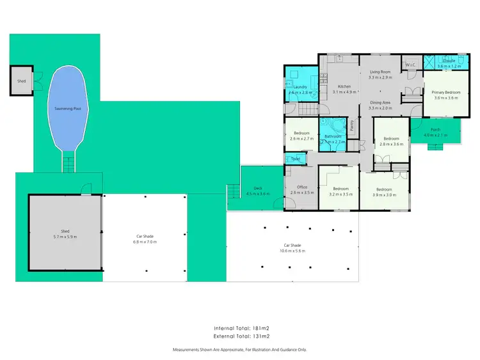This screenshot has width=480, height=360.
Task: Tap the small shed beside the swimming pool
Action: [22, 81]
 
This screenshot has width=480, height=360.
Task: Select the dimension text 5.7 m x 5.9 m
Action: [65, 237]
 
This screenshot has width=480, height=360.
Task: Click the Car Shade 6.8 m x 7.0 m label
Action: [144, 242]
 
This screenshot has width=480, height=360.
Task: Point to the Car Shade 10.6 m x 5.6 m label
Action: [293, 251]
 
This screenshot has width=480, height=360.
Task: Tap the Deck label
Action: [258, 188]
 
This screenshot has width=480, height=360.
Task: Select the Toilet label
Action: [295, 159]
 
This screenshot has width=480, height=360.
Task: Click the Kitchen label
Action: [344, 86]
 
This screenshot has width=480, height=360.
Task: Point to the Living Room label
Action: [380, 72]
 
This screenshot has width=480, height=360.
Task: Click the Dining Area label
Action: [380, 102]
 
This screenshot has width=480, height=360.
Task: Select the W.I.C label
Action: [410, 65]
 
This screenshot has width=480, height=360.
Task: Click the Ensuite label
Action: [449, 61]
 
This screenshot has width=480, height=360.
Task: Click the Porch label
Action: [435, 129]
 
